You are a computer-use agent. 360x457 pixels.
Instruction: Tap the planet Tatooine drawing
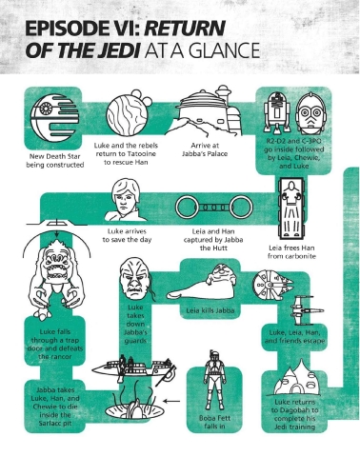click(x=128, y=112)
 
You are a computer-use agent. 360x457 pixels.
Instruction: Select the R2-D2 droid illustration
click(x=277, y=112)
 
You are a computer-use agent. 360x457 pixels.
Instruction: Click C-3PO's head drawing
click(x=310, y=114)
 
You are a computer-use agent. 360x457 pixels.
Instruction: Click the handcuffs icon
click(x=214, y=208)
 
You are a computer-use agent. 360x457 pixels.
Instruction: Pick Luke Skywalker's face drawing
click(x=126, y=200)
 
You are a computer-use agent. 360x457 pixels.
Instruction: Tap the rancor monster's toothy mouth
click(x=57, y=273)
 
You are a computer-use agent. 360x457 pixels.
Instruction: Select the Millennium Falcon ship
click(x=272, y=283)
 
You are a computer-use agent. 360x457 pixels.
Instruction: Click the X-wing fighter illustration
click(x=307, y=310)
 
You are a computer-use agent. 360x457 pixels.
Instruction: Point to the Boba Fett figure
click(x=215, y=380)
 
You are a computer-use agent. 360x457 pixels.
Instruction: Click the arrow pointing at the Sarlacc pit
click(x=171, y=401)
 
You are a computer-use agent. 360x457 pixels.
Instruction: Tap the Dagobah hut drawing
click(x=295, y=379)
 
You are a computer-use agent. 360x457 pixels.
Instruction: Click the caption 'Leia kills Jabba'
click(x=210, y=310)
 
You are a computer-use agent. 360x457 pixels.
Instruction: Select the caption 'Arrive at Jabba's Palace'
click(x=205, y=149)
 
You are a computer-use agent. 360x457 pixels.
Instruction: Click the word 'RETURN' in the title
click(x=185, y=29)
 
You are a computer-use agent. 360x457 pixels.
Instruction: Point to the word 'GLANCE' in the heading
click(x=218, y=50)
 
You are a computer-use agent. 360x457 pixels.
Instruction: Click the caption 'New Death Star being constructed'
click(x=54, y=161)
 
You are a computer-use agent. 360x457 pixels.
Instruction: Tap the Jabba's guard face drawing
click(x=135, y=279)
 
